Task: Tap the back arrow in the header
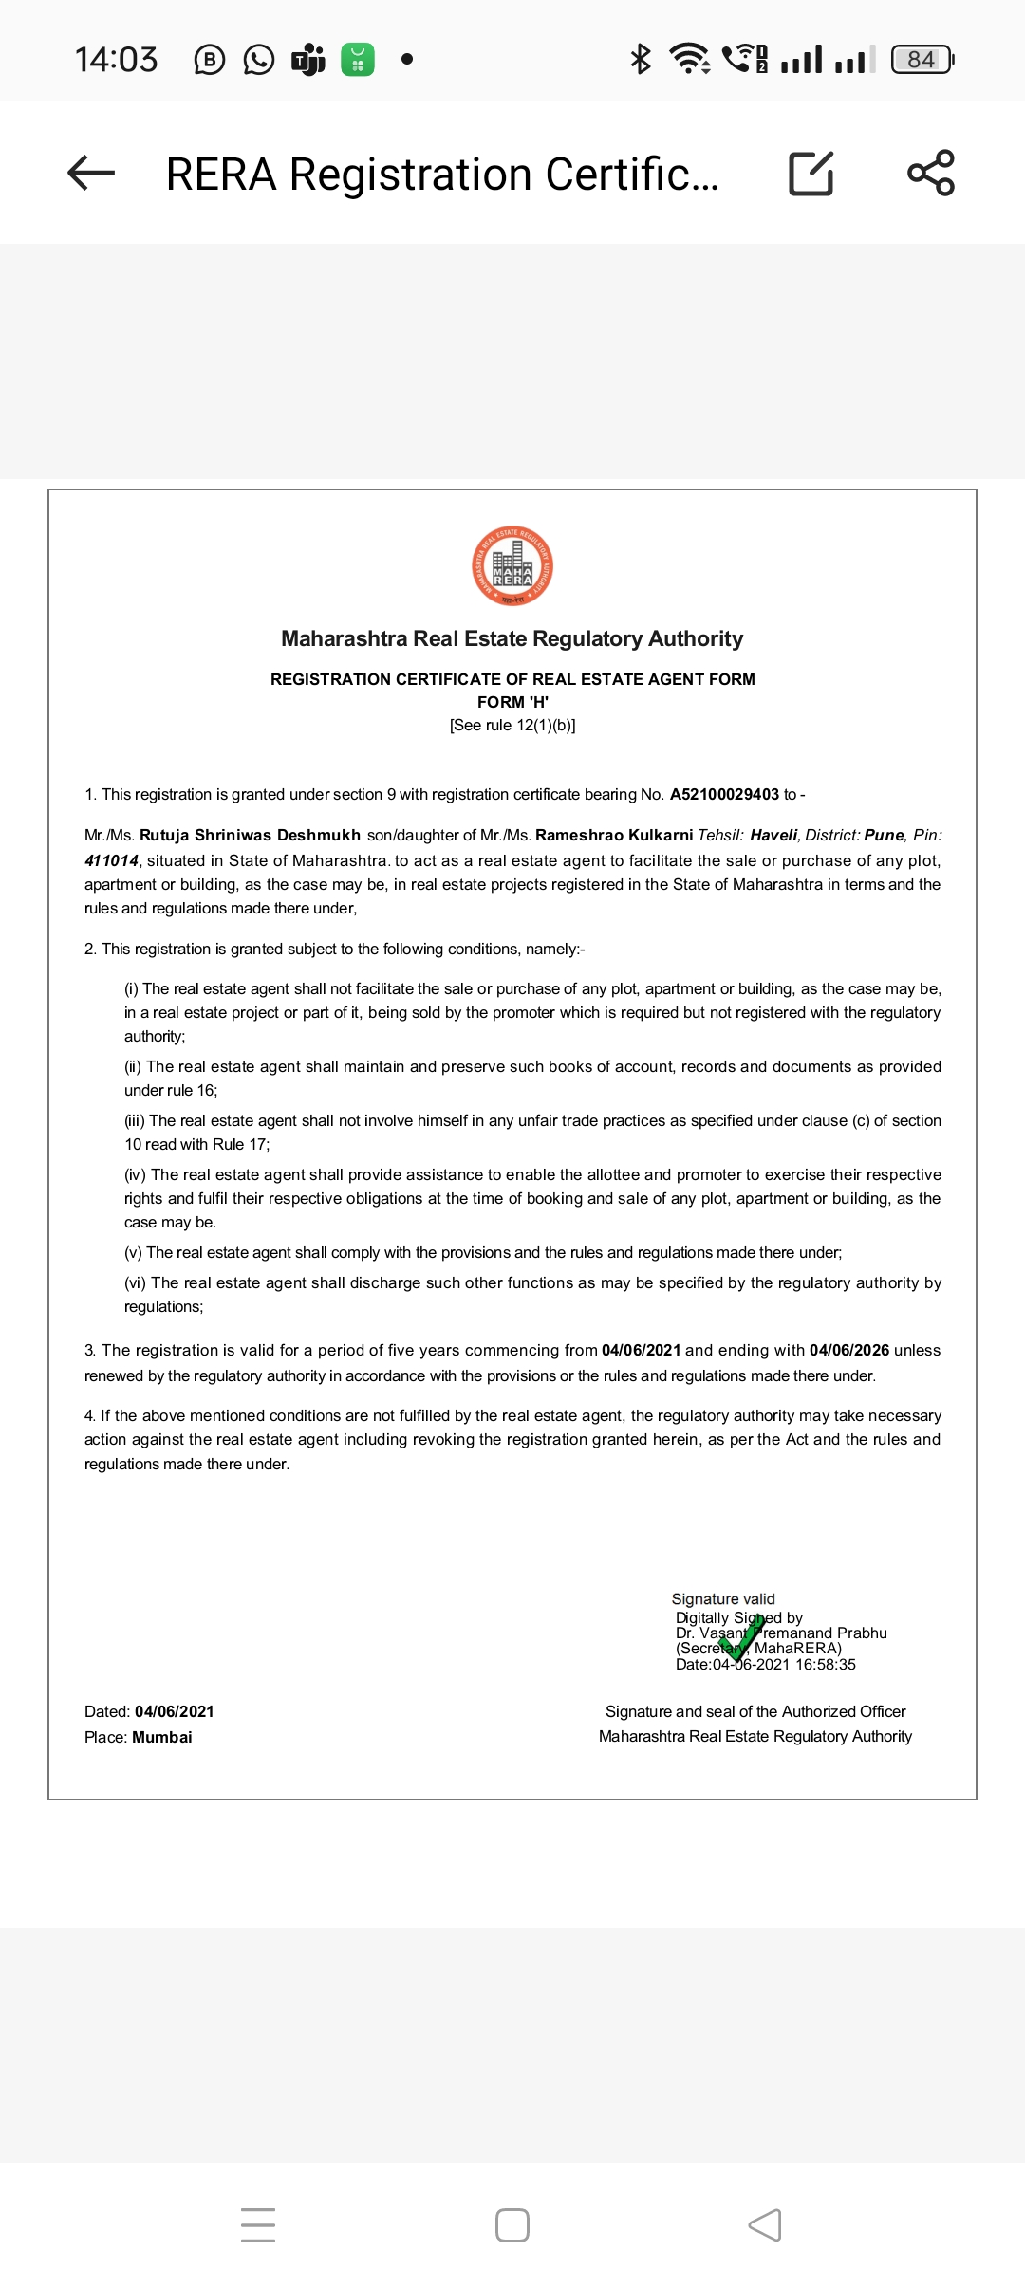91,173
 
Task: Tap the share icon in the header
931,173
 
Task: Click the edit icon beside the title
811,174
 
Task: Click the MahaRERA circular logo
512,566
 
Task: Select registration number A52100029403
724,794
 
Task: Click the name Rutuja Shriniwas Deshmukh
250,835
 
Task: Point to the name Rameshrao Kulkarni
614,835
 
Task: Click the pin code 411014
111,860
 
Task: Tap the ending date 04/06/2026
848,1350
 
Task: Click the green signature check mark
743,1637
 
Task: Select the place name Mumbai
162,1737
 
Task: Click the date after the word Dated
175,1711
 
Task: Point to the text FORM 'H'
512,702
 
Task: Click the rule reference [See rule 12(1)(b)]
512,725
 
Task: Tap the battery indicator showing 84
922,60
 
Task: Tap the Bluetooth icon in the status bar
641,59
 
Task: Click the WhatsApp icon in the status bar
259,60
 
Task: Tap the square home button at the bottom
512,2225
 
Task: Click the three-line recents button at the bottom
258,2225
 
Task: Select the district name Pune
884,835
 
